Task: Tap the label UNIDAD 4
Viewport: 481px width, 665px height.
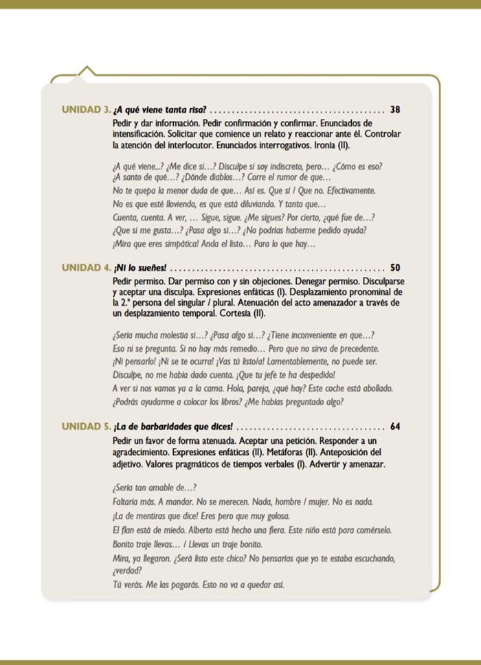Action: pyautogui.click(x=86, y=268)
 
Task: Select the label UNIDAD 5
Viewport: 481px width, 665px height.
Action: pyautogui.click(x=86, y=426)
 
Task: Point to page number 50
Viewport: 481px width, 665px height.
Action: pyautogui.click(x=394, y=268)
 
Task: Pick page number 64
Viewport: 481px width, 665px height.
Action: pyautogui.click(x=394, y=426)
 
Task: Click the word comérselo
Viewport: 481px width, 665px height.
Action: pyautogui.click(x=368, y=530)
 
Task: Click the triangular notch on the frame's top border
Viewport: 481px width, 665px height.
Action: pyautogui.click(x=86, y=70)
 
